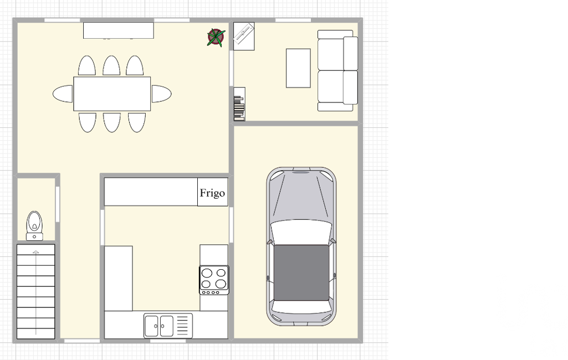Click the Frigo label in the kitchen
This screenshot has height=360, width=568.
coord(212,193)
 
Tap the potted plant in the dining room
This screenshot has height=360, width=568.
coord(216,37)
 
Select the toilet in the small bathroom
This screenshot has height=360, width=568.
coord(34,226)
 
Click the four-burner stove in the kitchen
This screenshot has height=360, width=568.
coord(214,280)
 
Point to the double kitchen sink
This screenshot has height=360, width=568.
coord(159,326)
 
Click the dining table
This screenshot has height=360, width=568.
coord(112,94)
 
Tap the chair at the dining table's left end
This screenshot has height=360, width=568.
coord(63,94)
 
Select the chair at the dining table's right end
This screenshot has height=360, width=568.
coord(161,94)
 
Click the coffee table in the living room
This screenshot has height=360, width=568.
coord(298,68)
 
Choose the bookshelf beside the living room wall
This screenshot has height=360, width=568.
coord(239,104)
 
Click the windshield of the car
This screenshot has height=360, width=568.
coord(301,197)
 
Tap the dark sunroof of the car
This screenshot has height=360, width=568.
coord(301,272)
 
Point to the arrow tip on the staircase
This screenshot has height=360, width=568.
coord(36,251)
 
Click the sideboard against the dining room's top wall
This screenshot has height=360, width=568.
coord(119,30)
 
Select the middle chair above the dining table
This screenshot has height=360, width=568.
coord(111,66)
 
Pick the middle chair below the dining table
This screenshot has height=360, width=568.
coord(111,122)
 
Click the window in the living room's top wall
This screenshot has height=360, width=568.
coord(293,20)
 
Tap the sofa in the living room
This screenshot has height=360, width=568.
coord(337,71)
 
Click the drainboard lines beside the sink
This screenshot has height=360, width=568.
coord(182,326)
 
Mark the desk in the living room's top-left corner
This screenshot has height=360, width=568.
coord(244,36)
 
